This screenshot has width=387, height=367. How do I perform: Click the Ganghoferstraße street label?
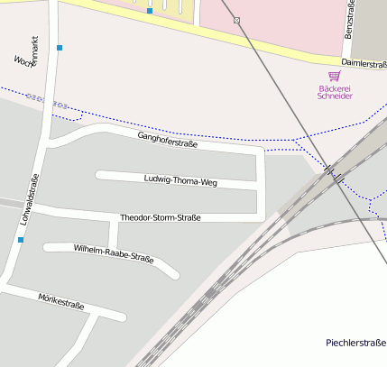166,140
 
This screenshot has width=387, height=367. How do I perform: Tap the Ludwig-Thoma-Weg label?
180,180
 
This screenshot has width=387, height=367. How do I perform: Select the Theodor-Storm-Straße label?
160,217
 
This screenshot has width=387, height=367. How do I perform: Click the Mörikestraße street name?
61,300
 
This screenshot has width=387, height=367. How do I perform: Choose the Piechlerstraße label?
355,343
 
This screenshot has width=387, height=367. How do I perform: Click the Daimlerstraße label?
364,65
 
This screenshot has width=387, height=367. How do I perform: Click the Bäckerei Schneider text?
335,92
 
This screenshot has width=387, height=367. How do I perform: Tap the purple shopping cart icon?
335,77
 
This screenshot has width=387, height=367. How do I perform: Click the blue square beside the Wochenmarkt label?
60,47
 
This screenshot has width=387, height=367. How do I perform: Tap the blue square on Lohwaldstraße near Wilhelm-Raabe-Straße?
21,240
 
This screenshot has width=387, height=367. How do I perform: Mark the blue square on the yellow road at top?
150,12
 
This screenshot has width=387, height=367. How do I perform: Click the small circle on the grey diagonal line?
236,20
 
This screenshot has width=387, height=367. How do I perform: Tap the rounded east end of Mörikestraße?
121,317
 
